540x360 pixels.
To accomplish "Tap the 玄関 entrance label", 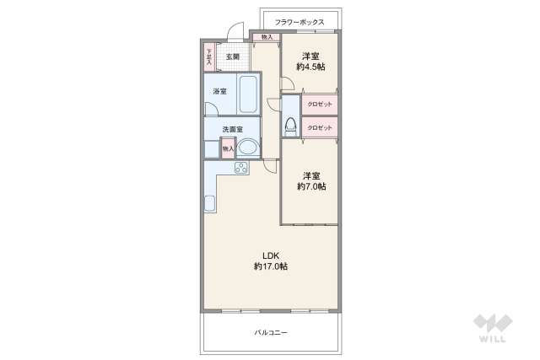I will [232, 57].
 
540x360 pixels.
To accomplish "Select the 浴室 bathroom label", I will [219, 91].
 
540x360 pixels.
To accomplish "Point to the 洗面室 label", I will [232, 129].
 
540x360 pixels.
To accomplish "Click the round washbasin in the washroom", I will [248, 148].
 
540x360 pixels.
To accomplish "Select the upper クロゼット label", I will [320, 105].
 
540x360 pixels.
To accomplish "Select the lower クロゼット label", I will [320, 128].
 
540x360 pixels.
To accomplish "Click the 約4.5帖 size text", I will [310, 67].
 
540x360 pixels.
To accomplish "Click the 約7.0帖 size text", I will [310, 186].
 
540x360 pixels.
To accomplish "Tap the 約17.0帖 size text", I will [270, 266].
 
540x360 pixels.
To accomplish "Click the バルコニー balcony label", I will [271, 333].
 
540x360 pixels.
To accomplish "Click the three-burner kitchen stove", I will [240, 167].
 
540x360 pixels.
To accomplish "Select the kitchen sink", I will [209, 204].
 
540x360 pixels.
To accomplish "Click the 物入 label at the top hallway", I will [267, 38].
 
